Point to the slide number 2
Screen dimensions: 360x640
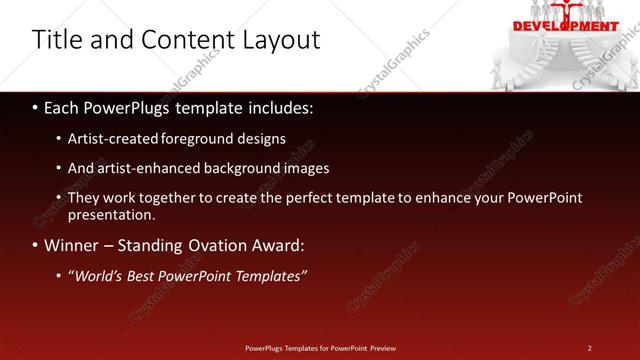(589, 348)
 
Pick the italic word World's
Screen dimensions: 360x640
(96, 275)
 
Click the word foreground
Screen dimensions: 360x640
(200, 139)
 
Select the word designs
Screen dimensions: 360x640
(260, 139)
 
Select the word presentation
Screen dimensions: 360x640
(110, 214)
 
